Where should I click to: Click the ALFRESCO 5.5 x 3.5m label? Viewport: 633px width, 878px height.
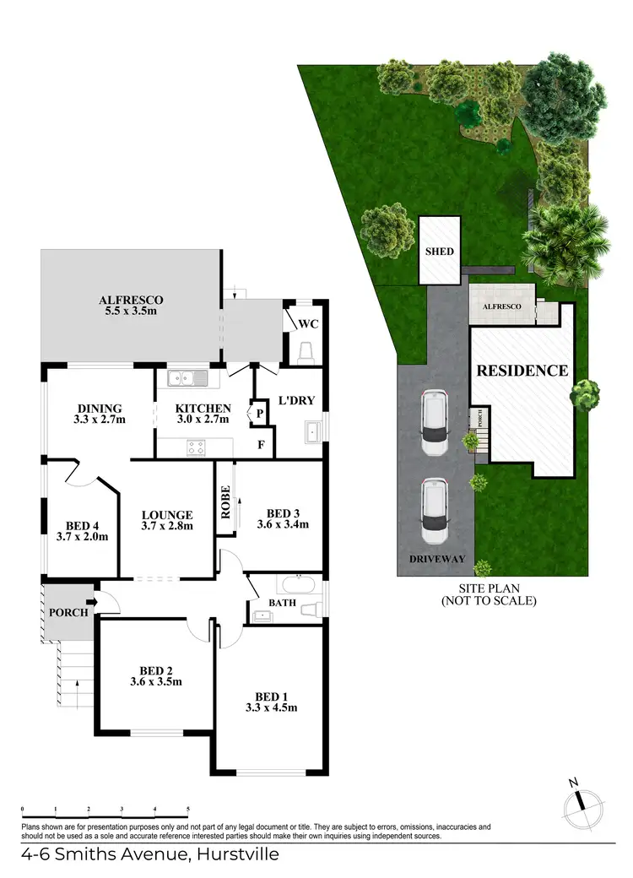[x=130, y=306]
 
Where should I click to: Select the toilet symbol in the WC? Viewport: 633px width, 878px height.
[x=306, y=351]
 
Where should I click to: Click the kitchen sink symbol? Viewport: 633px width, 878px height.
[x=186, y=378]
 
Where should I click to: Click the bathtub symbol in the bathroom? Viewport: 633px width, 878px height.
[x=296, y=584]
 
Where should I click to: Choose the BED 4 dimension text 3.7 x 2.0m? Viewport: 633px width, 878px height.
[x=83, y=535]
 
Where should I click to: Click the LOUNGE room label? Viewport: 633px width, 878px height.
[x=167, y=515]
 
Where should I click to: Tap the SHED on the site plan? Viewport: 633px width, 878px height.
[x=440, y=251]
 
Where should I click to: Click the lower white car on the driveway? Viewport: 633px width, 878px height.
[x=435, y=511]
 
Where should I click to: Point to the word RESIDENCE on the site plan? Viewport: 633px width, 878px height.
[x=522, y=371]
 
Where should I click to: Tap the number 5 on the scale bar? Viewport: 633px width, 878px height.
[x=188, y=809]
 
